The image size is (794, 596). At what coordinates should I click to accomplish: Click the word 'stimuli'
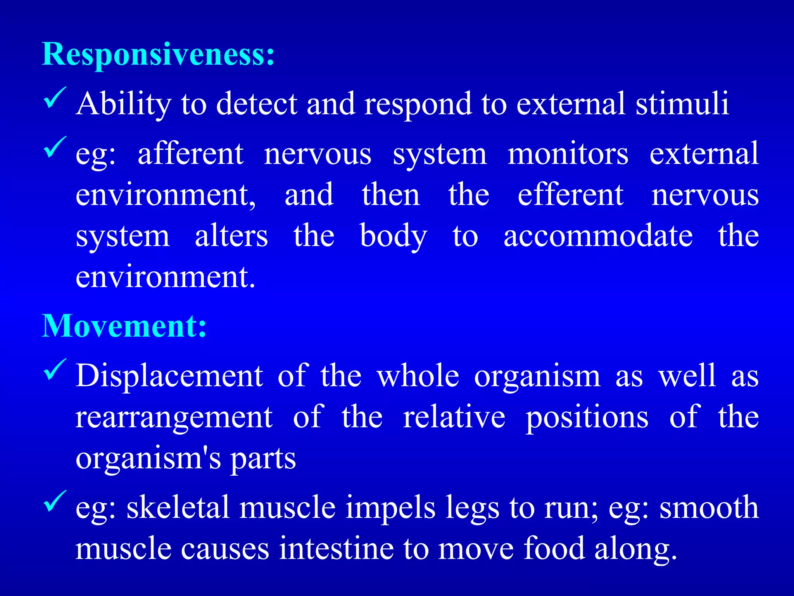point(682,104)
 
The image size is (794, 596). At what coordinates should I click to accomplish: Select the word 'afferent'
point(191,154)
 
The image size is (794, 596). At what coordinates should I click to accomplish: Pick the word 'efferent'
point(570,195)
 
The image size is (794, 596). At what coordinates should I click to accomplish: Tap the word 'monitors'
point(568,154)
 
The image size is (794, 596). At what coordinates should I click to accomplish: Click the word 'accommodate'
point(598,236)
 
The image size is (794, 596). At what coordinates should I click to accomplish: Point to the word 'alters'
point(231,236)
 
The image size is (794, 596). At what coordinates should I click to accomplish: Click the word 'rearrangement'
point(174,418)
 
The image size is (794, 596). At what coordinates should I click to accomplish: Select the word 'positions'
point(587,418)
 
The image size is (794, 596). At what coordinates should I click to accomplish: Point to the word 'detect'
point(257,104)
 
